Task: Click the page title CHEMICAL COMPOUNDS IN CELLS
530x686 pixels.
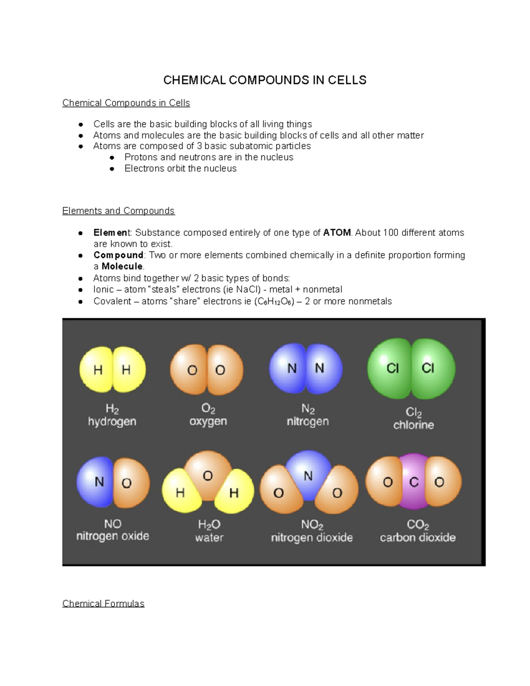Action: point(265,80)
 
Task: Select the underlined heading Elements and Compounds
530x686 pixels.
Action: point(118,211)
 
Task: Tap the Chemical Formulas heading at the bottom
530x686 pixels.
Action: point(103,603)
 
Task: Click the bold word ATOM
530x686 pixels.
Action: point(337,233)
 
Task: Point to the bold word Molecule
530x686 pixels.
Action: point(122,266)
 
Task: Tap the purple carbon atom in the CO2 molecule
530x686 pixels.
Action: point(414,482)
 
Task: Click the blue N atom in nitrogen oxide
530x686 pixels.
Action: point(96,481)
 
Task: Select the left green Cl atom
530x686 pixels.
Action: point(390,368)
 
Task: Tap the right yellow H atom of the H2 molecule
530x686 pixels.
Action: point(128,370)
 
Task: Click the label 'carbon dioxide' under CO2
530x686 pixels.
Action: point(417,538)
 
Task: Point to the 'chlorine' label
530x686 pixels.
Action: point(413,425)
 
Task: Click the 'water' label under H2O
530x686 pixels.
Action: point(209,538)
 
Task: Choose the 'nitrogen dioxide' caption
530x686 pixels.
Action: point(311,538)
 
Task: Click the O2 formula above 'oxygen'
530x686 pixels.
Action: point(208,408)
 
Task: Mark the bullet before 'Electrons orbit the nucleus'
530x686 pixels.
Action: point(112,169)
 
